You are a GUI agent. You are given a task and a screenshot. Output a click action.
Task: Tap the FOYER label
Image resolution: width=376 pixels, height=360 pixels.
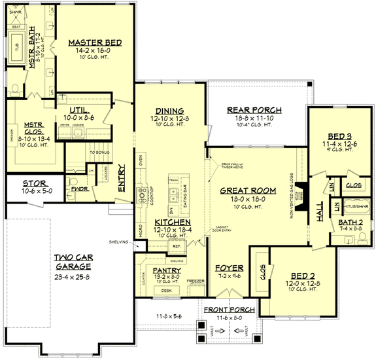(x=229, y=268)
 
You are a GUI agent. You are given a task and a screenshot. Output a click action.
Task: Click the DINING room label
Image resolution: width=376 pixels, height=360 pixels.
(x=169, y=111)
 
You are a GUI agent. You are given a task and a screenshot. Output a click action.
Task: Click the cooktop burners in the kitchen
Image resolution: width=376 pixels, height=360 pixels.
(x=141, y=194)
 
